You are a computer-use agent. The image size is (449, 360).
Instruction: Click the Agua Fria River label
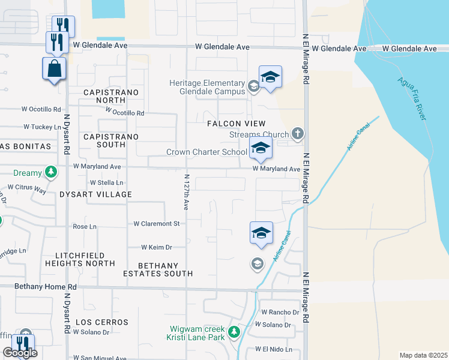(x=411, y=98)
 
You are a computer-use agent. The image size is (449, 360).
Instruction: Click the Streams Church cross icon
(x=297, y=133)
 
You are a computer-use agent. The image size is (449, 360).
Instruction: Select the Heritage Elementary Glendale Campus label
(x=206, y=88)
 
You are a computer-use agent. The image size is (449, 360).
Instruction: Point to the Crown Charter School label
(x=206, y=152)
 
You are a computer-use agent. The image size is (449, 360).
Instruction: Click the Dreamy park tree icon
(x=52, y=173)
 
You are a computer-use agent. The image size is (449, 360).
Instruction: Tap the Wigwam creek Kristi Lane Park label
(x=196, y=334)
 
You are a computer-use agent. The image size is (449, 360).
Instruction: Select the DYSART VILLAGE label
(x=95, y=194)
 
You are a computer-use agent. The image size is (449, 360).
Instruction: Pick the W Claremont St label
(x=156, y=224)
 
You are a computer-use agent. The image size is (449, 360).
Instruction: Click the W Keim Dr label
(x=156, y=247)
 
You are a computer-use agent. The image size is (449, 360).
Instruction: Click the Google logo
(x=20, y=353)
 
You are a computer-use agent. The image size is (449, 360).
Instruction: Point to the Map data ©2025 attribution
(x=423, y=355)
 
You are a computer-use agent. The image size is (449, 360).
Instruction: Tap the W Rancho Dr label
(x=280, y=313)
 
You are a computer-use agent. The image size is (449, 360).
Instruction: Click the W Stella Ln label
(x=106, y=182)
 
